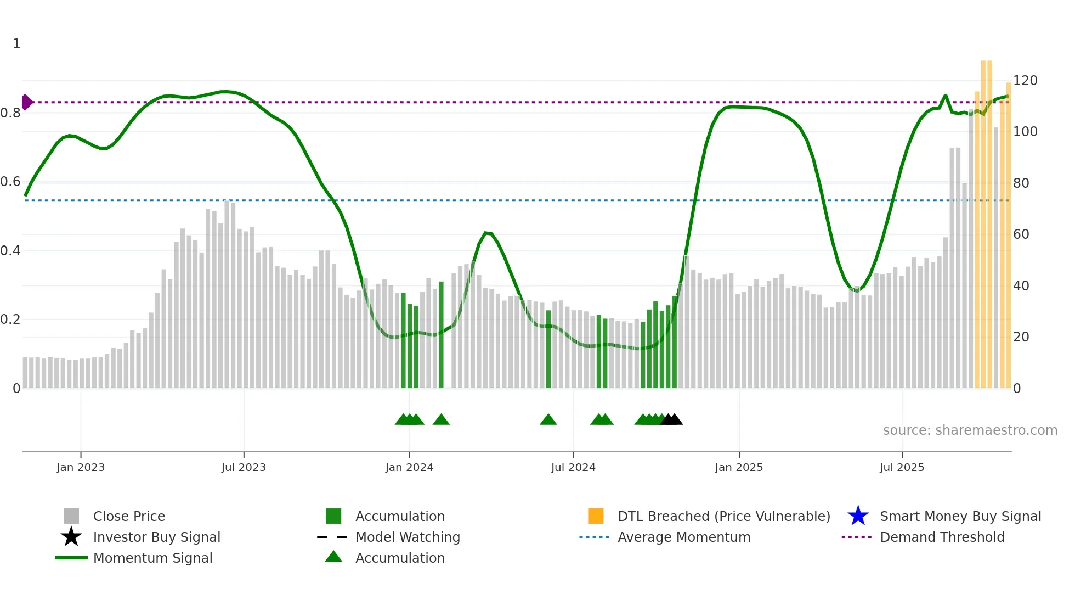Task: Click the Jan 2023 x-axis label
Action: [x=80, y=467]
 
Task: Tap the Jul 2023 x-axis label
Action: [x=244, y=467]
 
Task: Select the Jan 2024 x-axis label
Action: [x=409, y=467]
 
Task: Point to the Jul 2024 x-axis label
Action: [x=573, y=467]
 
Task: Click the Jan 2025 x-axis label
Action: [x=739, y=467]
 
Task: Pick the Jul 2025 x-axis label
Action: [x=902, y=467]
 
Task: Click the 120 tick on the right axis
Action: [x=1025, y=81]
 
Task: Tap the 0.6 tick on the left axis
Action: [x=10, y=182]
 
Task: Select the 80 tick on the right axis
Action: [x=1021, y=183]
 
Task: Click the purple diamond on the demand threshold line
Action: [x=26, y=102]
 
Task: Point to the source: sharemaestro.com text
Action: [x=970, y=430]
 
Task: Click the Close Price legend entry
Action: [x=128, y=516]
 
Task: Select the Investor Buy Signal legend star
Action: [x=71, y=537]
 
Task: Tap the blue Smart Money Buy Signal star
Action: [x=858, y=516]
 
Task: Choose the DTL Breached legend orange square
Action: [x=596, y=516]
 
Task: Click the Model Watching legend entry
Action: [x=407, y=537]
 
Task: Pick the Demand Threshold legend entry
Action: [x=942, y=537]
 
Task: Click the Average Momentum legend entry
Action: [x=683, y=537]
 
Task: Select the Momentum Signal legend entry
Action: [x=152, y=558]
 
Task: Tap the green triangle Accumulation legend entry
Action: [x=333, y=557]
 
